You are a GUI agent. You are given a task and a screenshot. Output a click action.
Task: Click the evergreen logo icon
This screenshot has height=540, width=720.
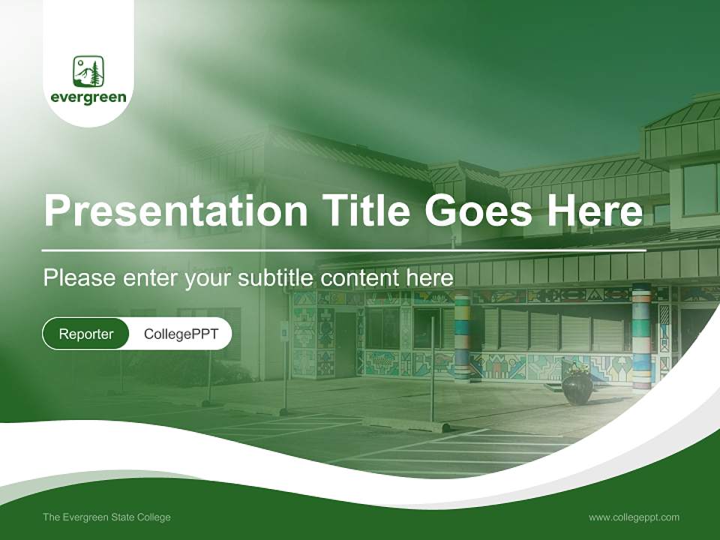[88, 71]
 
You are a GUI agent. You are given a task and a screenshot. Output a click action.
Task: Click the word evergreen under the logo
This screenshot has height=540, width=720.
[88, 97]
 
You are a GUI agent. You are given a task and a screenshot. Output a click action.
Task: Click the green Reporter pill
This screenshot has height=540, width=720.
[85, 334]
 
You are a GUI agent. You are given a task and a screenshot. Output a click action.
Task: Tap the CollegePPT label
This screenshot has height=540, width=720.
[181, 334]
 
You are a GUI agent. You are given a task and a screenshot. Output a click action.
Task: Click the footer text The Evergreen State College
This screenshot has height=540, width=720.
[106, 517]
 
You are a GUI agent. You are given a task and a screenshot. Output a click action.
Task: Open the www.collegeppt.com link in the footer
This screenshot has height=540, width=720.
[634, 517]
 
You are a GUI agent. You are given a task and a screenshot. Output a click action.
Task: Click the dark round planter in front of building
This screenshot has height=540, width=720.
[577, 388]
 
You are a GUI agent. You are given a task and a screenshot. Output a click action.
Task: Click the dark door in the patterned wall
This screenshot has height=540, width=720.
[345, 344]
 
